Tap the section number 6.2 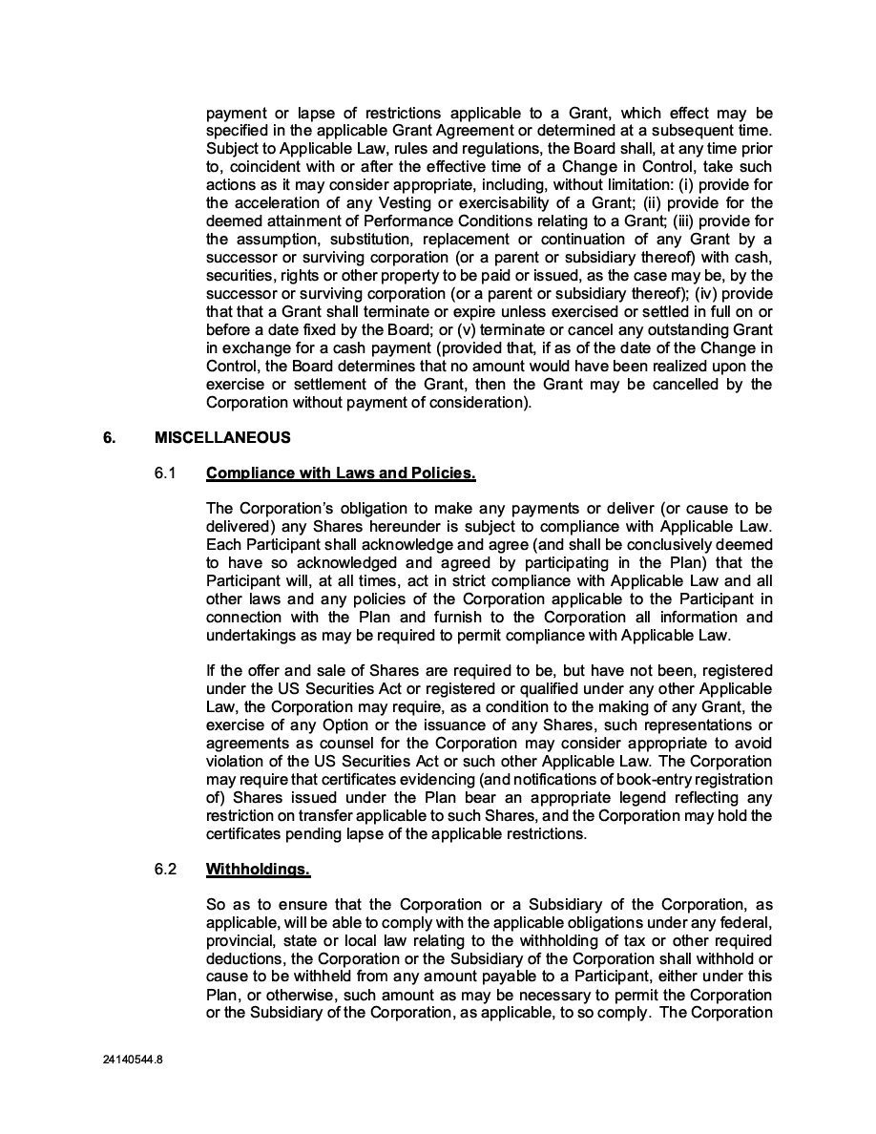[165, 870]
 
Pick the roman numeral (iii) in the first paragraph [713, 221]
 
